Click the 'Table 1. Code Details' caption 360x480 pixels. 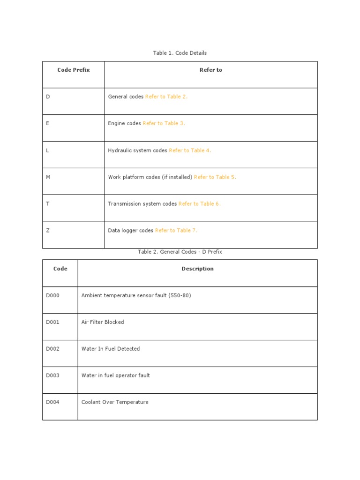[180, 53]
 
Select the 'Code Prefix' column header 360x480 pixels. [74, 70]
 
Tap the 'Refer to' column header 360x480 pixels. [210, 70]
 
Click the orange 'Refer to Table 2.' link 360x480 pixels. [166, 97]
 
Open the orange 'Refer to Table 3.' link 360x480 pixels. [164, 123]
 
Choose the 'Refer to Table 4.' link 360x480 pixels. [190, 150]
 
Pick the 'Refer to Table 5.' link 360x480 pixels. [215, 177]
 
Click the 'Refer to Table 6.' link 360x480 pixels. [199, 204]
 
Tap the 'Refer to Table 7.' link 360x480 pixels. [176, 231]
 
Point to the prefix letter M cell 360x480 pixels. [48, 177]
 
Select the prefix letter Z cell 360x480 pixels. [48, 231]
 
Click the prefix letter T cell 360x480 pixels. [48, 204]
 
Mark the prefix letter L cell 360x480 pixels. [48, 150]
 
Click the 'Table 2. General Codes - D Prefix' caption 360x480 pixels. [180, 252]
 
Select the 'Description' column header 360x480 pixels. [197, 269]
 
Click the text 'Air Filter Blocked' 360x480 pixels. [103, 322]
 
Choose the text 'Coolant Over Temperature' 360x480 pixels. [115, 402]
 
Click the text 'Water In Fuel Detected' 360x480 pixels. [111, 349]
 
